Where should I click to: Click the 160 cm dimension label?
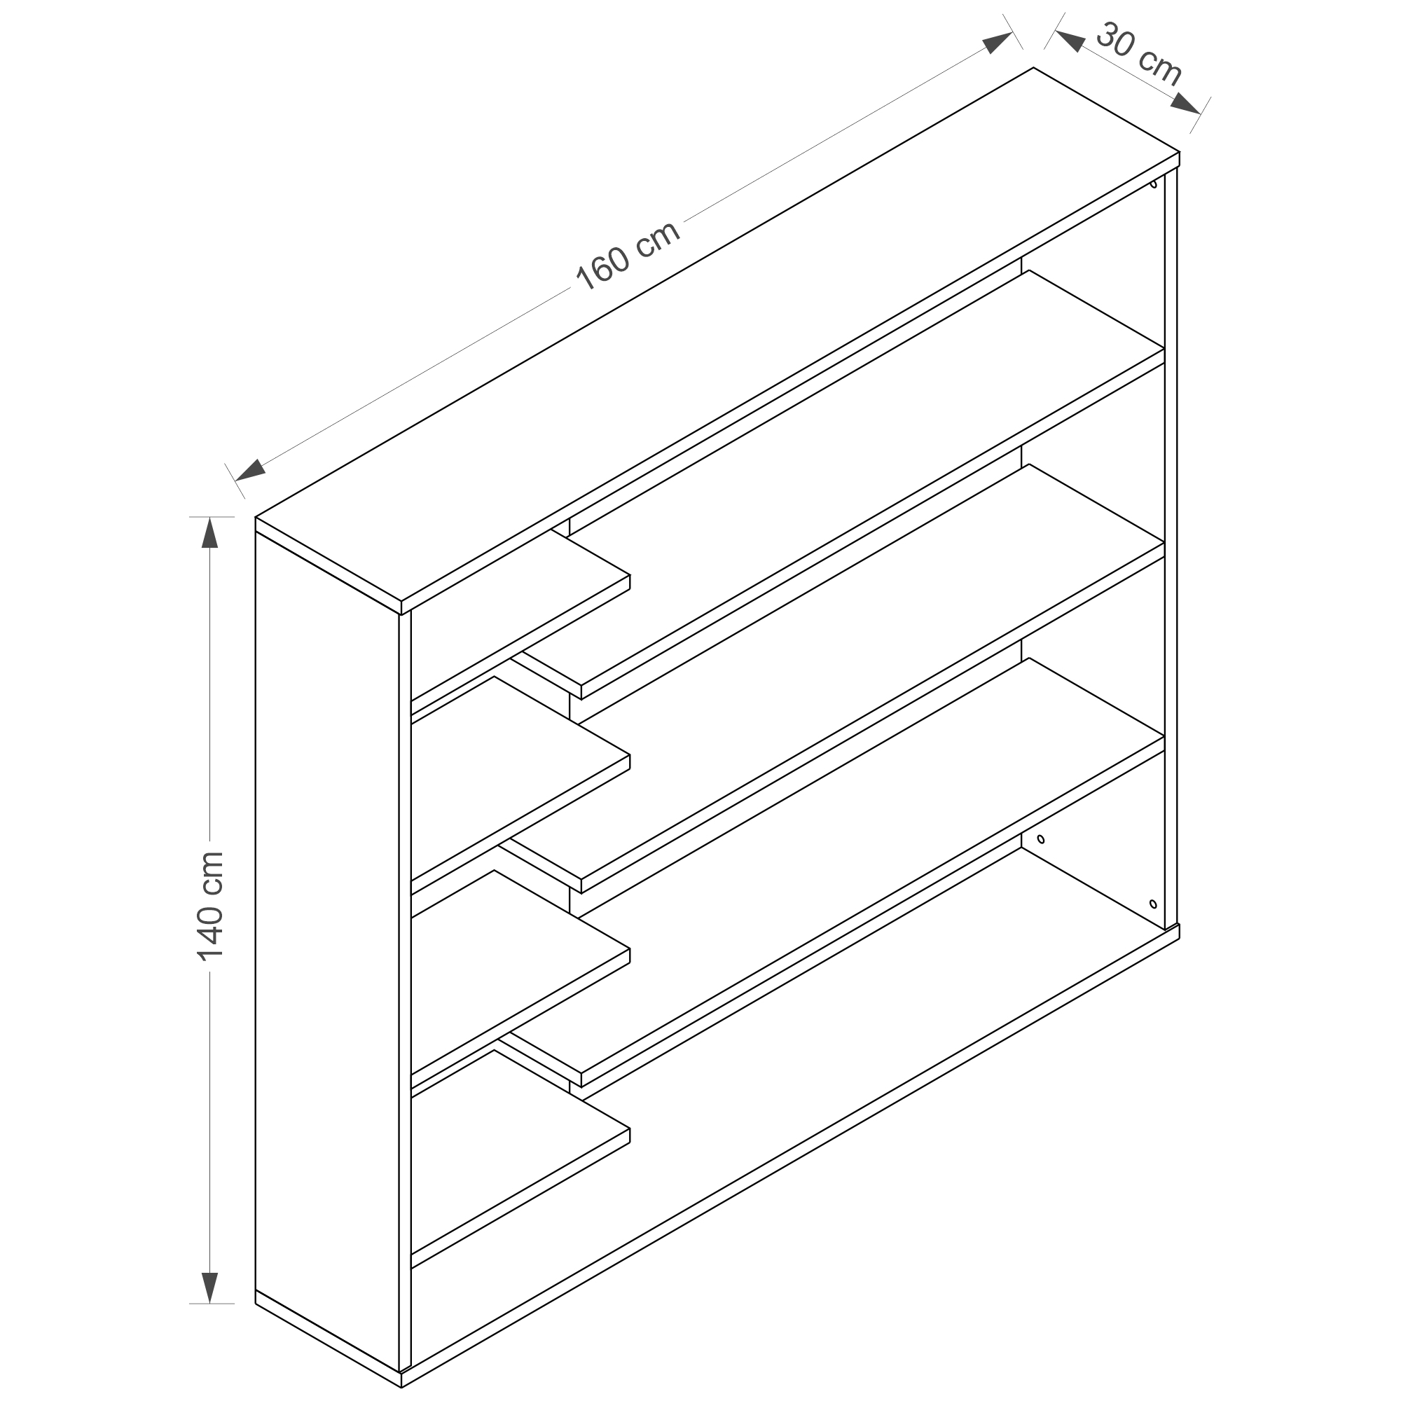tap(628, 255)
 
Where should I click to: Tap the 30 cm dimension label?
tap(1138, 55)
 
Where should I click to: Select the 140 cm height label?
tap(210, 906)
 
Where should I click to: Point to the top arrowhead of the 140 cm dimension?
tap(209, 534)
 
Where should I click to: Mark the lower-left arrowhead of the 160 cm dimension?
tap(249, 471)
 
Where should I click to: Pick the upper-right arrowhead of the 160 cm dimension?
tap(998, 43)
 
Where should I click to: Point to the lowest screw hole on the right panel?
tap(1153, 904)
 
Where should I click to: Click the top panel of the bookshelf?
tap(718, 341)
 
